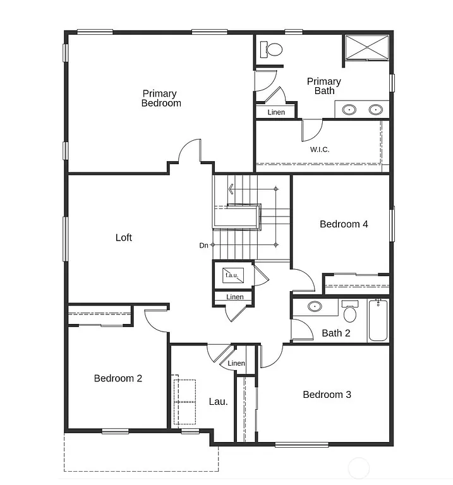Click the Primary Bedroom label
pyautogui.click(x=161, y=99)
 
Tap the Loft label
pyautogui.click(x=124, y=237)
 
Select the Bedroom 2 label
pyautogui.click(x=118, y=378)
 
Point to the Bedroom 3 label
pyautogui.click(x=327, y=395)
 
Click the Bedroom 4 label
pyautogui.click(x=344, y=224)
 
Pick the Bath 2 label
pyautogui.click(x=335, y=333)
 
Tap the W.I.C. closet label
pyautogui.click(x=320, y=150)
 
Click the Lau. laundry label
pyautogui.click(x=218, y=401)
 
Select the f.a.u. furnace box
pyautogui.click(x=231, y=275)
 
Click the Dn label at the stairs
pyautogui.click(x=203, y=245)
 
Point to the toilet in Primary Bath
pyautogui.click(x=274, y=49)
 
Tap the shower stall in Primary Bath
pyautogui.click(x=366, y=48)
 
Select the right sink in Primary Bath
pyautogui.click(x=376, y=109)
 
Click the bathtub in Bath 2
pyautogui.click(x=378, y=321)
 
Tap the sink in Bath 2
pyautogui.click(x=315, y=307)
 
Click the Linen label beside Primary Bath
pyautogui.click(x=276, y=112)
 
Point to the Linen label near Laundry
pyautogui.click(x=236, y=363)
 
